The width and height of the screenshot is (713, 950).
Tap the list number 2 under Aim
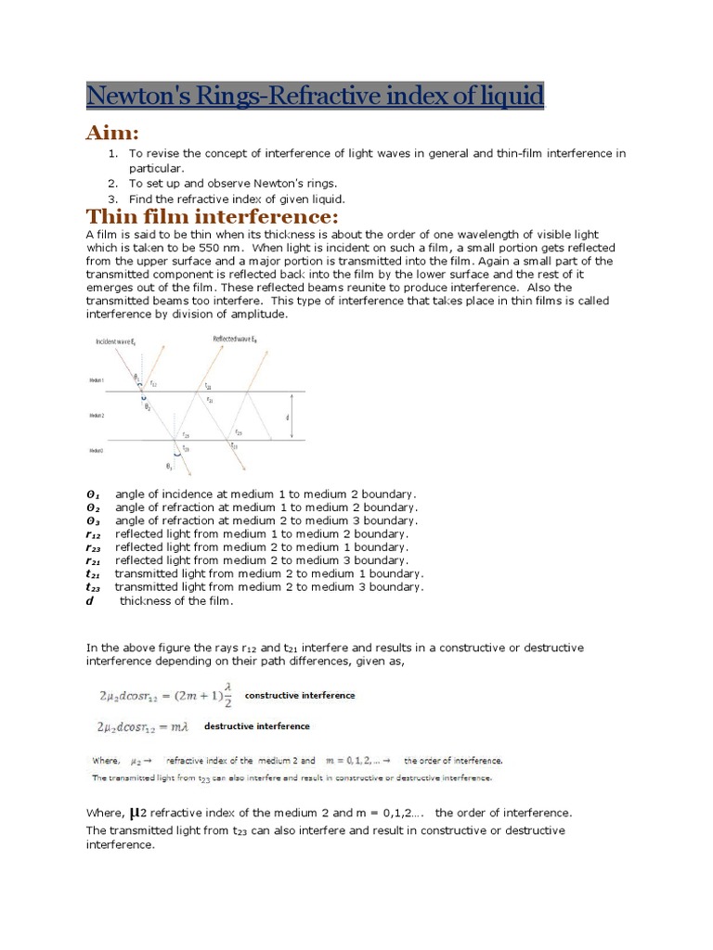pyautogui.click(x=112, y=184)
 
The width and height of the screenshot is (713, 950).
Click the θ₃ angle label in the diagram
pyautogui.click(x=168, y=467)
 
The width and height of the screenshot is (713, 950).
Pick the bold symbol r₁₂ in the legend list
pyautogui.click(x=93, y=534)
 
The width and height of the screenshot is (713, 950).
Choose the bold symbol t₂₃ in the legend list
pyautogui.click(x=93, y=587)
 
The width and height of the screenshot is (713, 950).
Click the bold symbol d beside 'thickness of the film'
pyautogui.click(x=90, y=600)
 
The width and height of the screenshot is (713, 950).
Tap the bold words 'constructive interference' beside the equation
pyautogui.click(x=299, y=695)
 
